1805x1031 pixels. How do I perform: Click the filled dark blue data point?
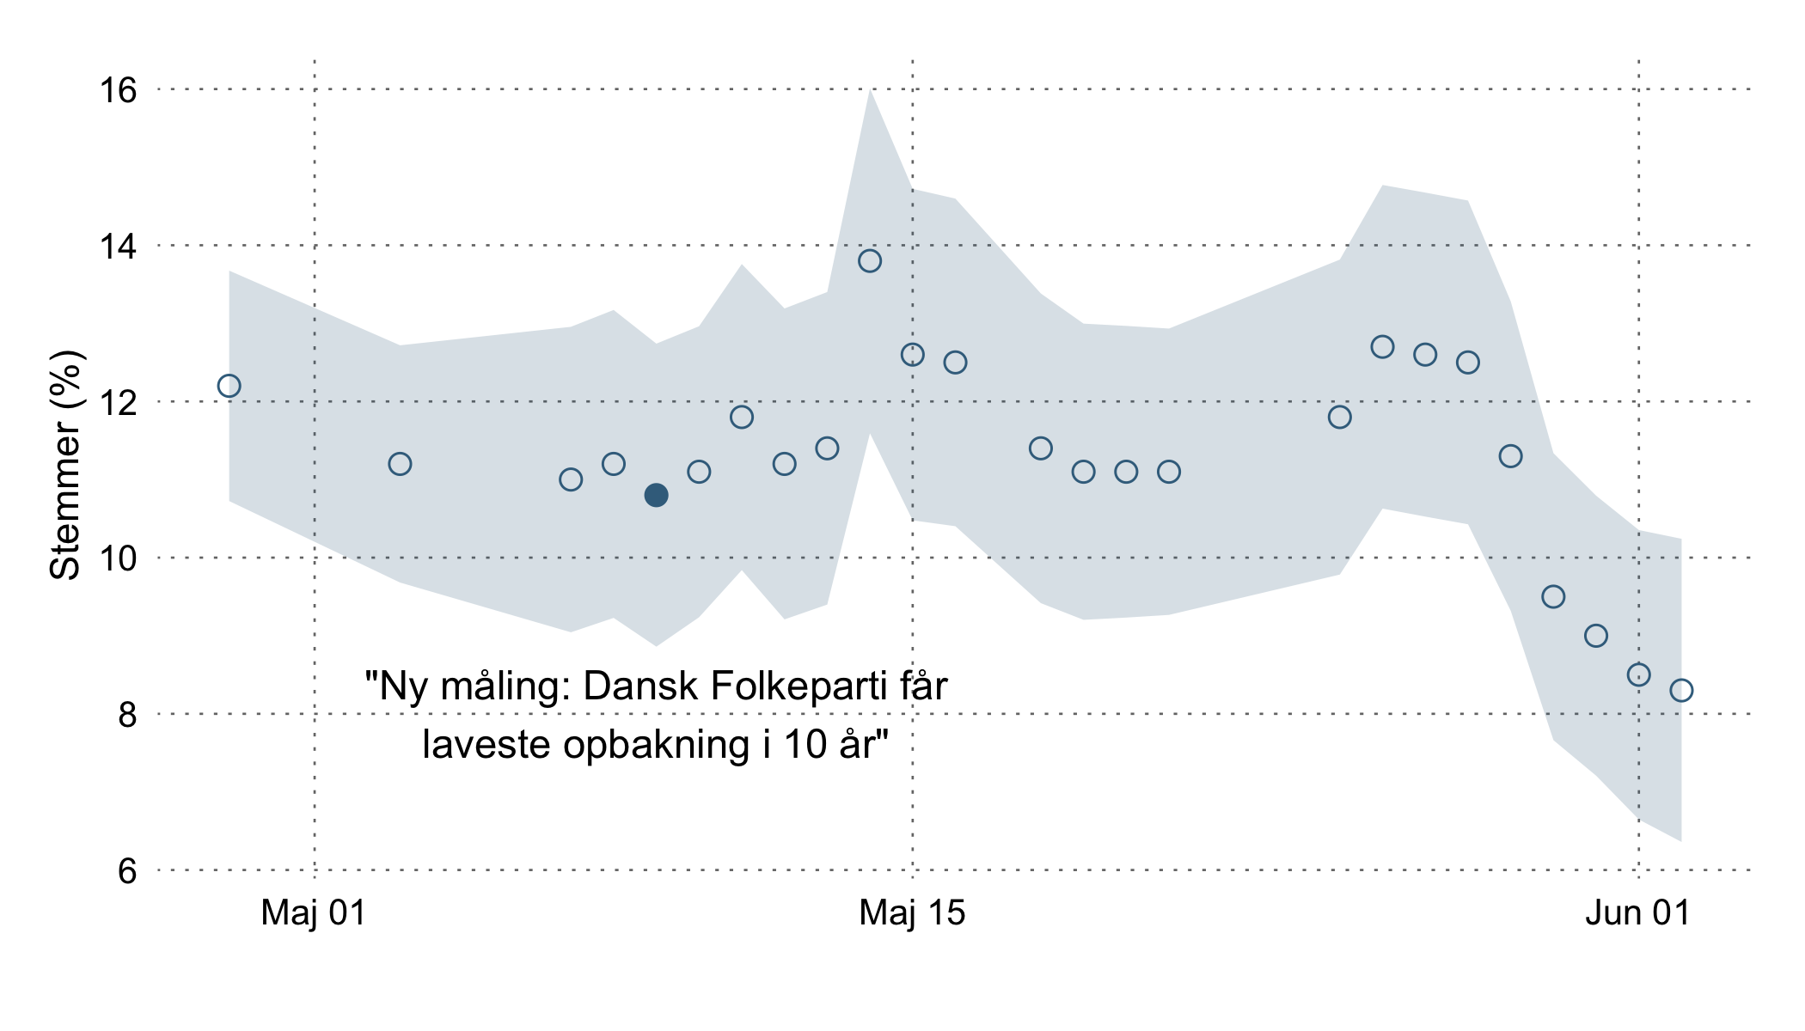656,495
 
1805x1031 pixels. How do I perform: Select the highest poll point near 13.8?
870,260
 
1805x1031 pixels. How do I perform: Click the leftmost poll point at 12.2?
229,386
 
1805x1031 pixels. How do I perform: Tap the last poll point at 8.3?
1681,690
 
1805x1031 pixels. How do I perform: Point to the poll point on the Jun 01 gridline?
1638,674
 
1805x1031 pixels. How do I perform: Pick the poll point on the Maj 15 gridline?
912,355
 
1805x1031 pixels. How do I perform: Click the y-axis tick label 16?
118,90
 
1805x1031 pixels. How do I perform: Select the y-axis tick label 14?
118,247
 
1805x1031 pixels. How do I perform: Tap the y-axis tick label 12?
118,402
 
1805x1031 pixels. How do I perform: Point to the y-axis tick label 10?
118,558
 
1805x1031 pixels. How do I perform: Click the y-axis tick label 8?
127,715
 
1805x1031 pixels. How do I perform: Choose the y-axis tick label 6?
127,871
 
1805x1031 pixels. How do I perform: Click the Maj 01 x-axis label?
314,912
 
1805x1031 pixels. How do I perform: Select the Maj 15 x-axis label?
912,912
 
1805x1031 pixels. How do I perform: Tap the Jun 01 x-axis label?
1637,912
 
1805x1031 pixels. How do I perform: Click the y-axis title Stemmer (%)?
65,465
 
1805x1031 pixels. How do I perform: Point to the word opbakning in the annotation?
657,744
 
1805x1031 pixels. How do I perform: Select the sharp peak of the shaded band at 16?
870,93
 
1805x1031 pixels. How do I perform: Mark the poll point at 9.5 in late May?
1553,596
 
